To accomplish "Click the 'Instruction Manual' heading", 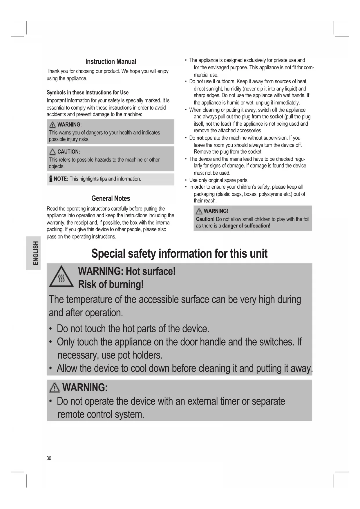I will coord(111,62).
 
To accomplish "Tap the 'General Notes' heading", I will coord(111,198).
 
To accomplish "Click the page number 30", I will coord(49,458).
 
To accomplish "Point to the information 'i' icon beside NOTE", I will coord(50,179).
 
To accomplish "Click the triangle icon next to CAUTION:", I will coord(53,152).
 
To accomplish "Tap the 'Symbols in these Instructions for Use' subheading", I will coord(87,93).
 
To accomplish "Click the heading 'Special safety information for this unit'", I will coord(179,254).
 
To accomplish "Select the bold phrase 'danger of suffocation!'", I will coord(246,226).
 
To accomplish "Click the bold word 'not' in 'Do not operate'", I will coord(200,138).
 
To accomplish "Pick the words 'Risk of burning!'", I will coord(111,284).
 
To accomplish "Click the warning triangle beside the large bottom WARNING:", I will coord(55,388).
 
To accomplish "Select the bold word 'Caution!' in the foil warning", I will coord(205,219).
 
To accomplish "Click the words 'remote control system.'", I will coord(101,414).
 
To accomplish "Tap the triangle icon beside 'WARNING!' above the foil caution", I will coord(199,211).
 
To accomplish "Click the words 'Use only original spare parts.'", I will coord(219,180).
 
